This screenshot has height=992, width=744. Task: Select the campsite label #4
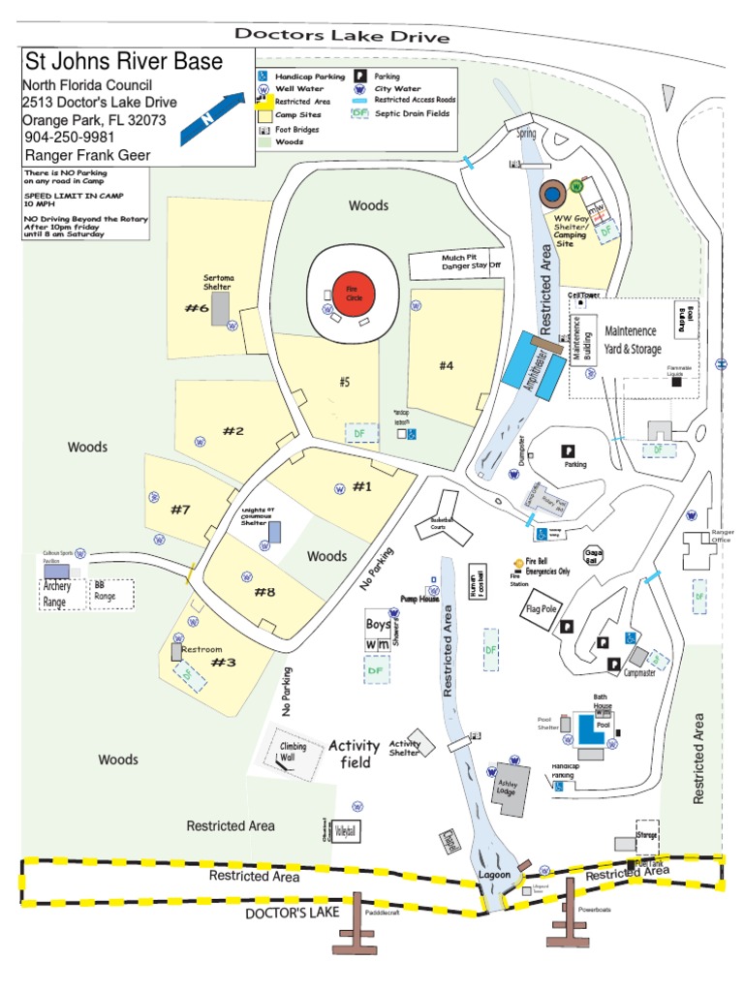coord(446,365)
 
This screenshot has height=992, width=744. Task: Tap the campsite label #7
coord(181,510)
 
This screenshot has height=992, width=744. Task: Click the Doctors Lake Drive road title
coord(342,36)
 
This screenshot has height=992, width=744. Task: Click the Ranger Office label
coord(723,536)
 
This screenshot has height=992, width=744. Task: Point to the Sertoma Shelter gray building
coord(221,309)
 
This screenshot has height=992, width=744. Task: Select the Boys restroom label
coord(378,624)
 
